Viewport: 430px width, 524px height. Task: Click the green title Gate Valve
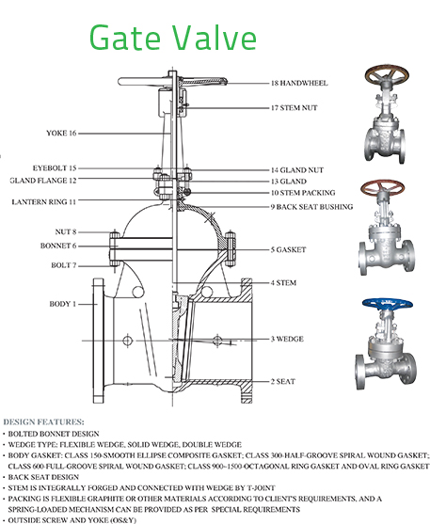tap(173, 38)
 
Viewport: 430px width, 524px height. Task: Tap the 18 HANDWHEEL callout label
tap(299, 83)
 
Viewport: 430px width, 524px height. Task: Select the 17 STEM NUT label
tap(294, 107)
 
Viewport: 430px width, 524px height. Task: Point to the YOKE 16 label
tap(61, 133)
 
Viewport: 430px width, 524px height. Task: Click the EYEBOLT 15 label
tap(55, 167)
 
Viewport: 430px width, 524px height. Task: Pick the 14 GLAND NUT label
tap(297, 169)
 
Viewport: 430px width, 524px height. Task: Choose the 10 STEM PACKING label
tap(303, 193)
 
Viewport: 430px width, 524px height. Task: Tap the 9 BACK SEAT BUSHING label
tap(311, 207)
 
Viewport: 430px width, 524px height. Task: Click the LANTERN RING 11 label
tap(44, 202)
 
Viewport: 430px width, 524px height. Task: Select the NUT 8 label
tap(66, 231)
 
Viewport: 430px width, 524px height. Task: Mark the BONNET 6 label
tap(58, 246)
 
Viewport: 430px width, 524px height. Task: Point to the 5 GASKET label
tap(288, 249)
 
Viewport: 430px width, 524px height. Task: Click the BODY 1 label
tap(62, 304)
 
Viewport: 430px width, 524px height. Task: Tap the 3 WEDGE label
tap(287, 339)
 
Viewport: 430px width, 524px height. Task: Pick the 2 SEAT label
tap(283, 381)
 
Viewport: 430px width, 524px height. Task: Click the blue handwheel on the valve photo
tap(388, 304)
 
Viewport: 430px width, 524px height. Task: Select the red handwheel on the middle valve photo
tap(383, 187)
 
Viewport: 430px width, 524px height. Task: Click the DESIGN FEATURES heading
tap(44, 421)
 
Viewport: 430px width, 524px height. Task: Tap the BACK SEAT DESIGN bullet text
tap(43, 477)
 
